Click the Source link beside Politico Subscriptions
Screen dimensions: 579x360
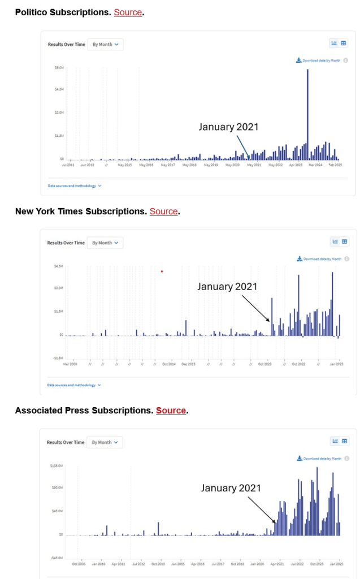point(128,12)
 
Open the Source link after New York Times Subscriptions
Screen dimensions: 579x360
point(164,211)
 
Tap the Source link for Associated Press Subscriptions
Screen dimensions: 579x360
point(171,410)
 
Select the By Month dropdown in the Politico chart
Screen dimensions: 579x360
point(105,44)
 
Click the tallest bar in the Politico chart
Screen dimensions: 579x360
point(307,113)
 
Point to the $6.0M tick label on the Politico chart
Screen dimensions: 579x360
point(59,67)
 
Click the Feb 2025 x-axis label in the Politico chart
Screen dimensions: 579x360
point(336,165)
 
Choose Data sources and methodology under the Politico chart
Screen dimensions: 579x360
point(75,185)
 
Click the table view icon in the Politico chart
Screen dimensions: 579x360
point(344,43)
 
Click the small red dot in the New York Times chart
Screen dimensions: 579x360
point(162,271)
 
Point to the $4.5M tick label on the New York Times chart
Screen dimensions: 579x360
point(58,266)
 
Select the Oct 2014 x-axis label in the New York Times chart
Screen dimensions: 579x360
point(168,364)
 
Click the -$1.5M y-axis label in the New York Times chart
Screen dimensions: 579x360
point(58,358)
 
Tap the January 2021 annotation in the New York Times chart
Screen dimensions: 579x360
point(227,287)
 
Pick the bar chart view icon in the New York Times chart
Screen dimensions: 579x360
point(335,241)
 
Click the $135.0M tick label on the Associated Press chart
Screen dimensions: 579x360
point(57,465)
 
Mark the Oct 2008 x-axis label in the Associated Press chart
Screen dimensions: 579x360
point(79,564)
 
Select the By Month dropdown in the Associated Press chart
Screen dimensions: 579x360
point(105,442)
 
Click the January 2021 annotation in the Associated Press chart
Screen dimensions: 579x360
point(231,487)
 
